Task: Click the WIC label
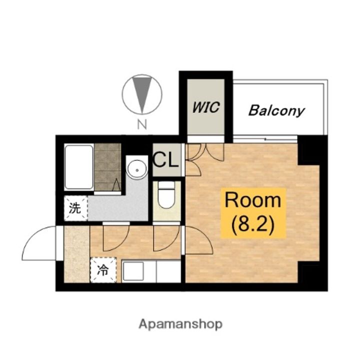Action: point(206,107)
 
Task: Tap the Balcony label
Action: point(276,110)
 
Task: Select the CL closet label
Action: point(166,159)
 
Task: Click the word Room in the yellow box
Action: point(253,200)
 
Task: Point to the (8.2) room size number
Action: point(253,224)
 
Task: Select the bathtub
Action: point(79,167)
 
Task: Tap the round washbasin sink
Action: point(137,170)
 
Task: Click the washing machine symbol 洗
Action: point(75,208)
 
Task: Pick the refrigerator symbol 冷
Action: point(103,270)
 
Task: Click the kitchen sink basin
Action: point(133,271)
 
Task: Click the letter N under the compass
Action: point(142,125)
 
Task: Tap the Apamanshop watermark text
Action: point(180,324)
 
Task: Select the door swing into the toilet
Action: point(166,239)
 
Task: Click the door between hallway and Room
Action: point(199,240)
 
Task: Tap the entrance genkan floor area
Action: point(76,254)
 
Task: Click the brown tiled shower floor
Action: point(107,167)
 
